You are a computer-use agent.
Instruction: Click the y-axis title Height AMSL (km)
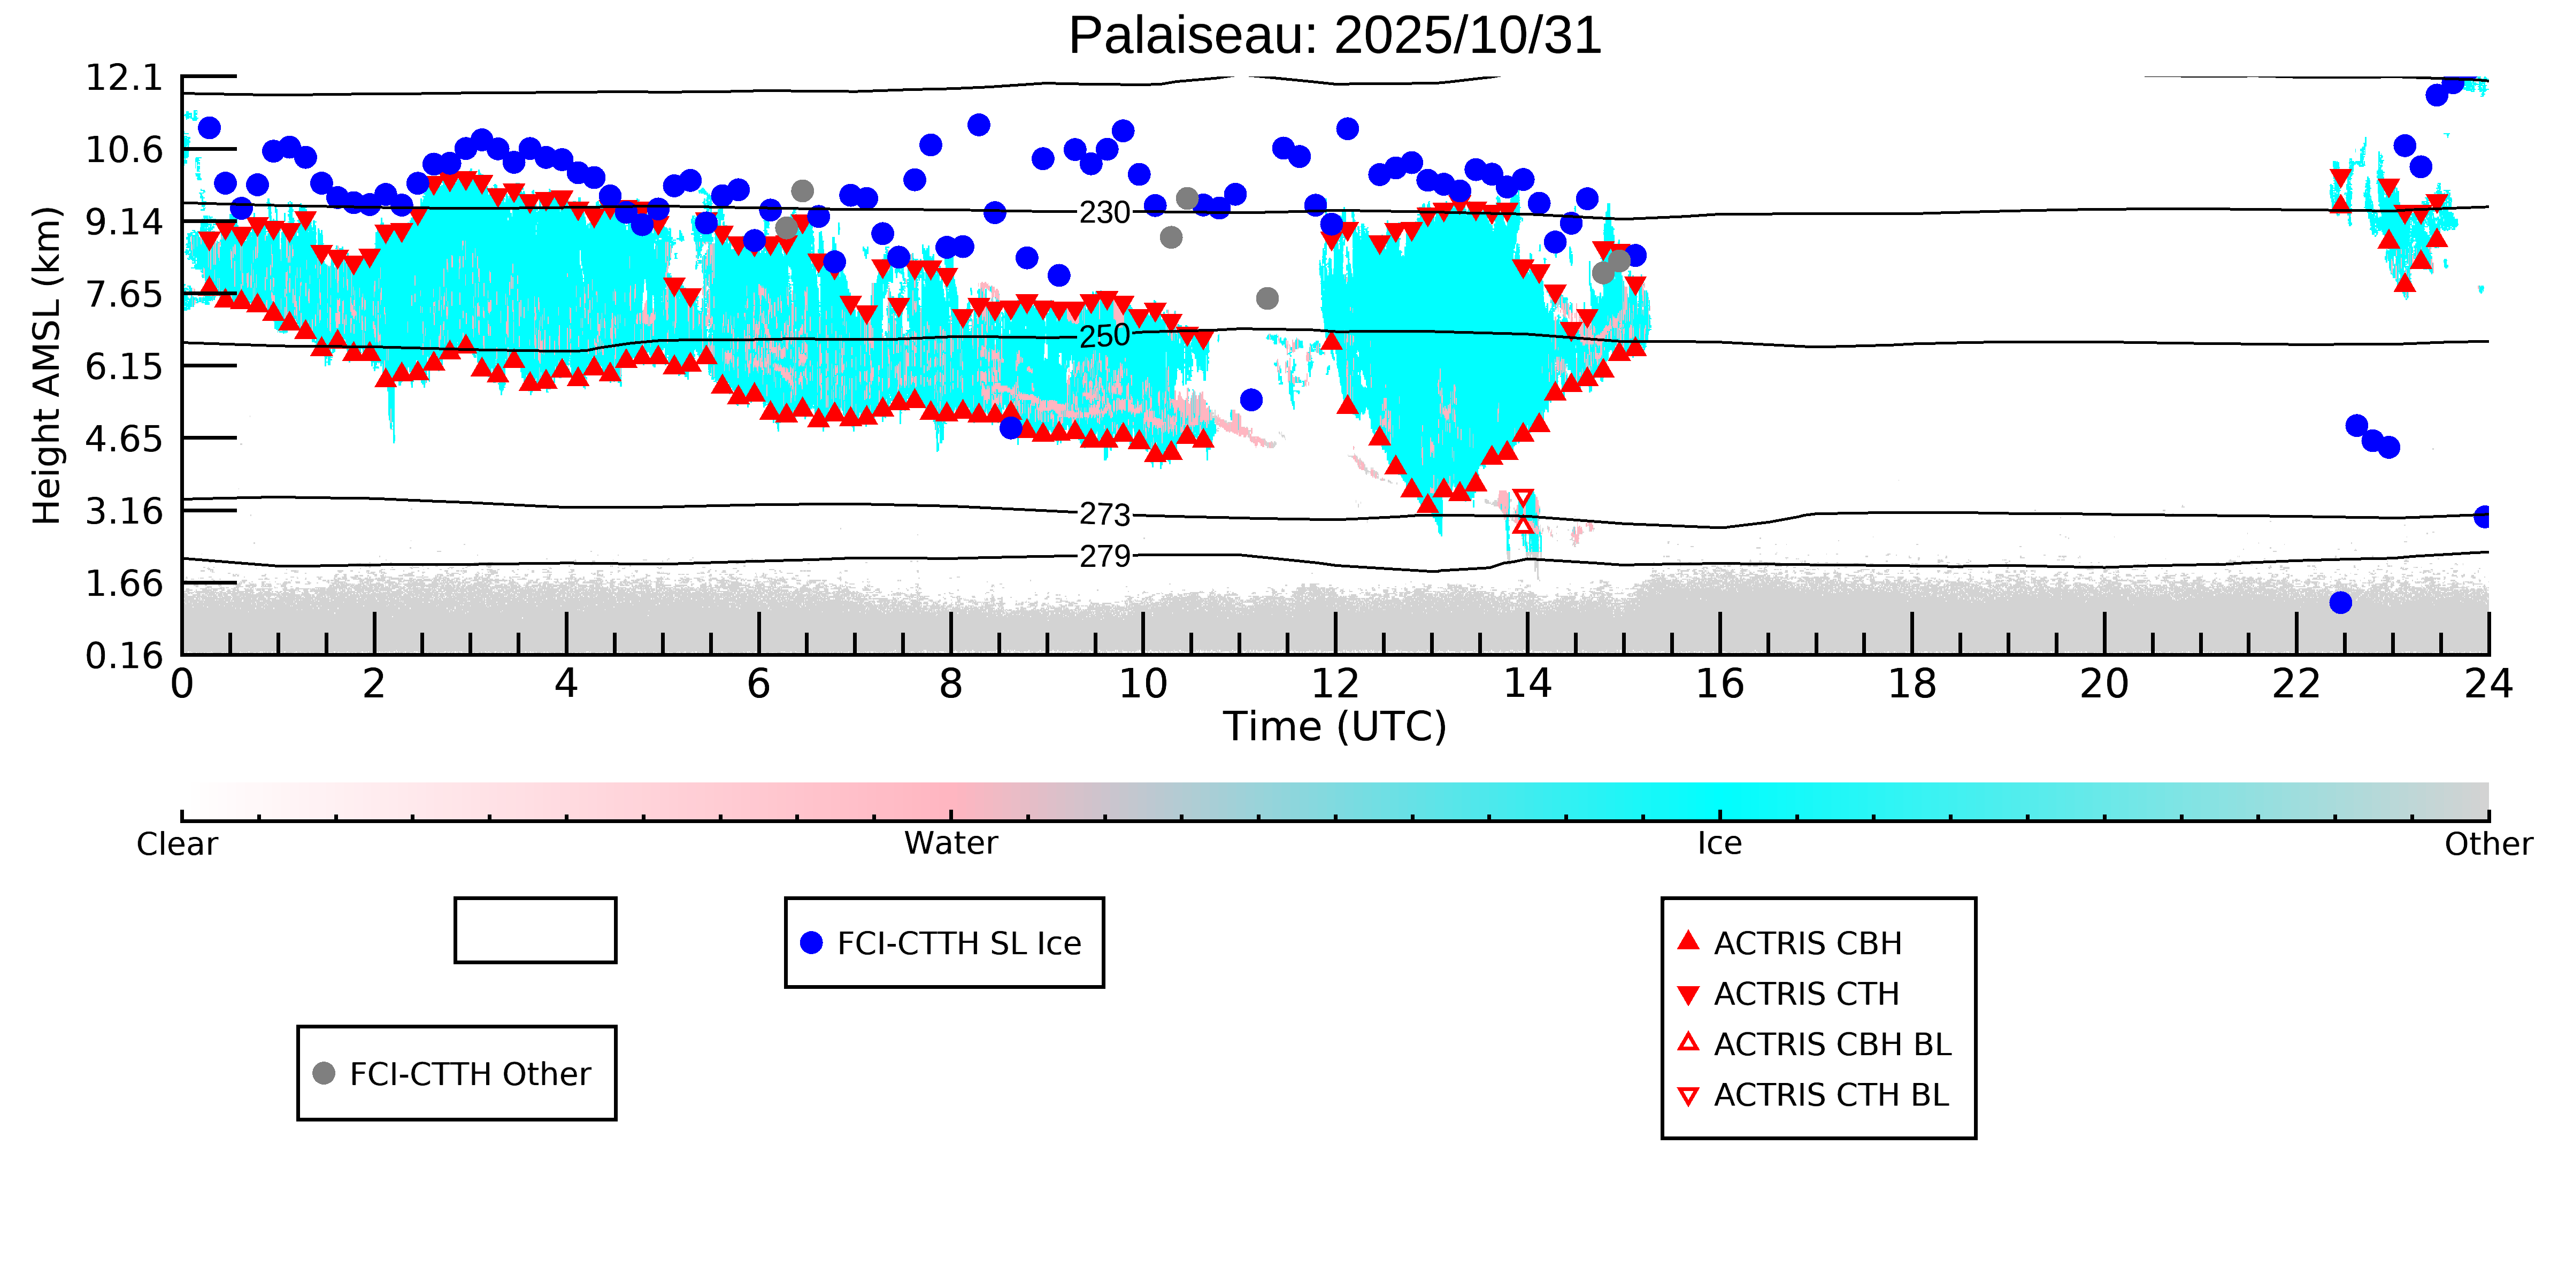click(x=47, y=366)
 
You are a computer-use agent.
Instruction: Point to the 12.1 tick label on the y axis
click(x=124, y=78)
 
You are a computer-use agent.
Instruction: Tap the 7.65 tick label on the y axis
click(x=124, y=295)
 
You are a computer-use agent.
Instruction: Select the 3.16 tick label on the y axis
click(x=124, y=511)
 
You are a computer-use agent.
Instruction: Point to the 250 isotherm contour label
click(x=1105, y=336)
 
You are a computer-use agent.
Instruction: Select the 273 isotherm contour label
click(x=1105, y=515)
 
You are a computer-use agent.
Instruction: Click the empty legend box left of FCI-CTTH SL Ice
click(x=535, y=931)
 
